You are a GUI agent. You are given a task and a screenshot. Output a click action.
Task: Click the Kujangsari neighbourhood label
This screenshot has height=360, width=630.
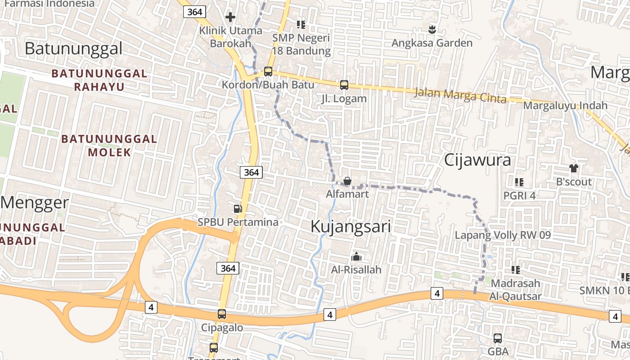coord(351,227)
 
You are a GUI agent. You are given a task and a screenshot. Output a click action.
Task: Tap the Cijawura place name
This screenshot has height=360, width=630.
coord(477,160)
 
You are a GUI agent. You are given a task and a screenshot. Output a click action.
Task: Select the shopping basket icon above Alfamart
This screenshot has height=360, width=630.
coord(347,181)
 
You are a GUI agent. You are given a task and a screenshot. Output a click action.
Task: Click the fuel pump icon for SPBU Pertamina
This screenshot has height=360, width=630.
coord(238,208)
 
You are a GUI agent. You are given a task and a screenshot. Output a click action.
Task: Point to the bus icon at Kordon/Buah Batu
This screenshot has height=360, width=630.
coord(268,71)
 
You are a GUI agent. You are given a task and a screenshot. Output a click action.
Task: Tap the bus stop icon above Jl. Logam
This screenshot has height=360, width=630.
coord(344,85)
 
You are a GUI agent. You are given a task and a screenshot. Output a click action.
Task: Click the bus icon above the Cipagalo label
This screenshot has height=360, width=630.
coord(222,314)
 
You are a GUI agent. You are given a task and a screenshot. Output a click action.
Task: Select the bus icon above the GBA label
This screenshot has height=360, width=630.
coord(498,338)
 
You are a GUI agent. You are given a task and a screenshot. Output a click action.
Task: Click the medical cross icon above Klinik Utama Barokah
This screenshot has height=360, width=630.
coord(230,17)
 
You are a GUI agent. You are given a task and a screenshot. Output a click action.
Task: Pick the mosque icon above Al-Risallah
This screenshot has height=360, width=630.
coord(356,257)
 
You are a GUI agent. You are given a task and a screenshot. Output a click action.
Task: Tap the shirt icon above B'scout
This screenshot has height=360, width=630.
coord(574,168)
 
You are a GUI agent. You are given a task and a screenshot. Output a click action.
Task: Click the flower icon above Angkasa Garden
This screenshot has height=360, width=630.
coord(432,30)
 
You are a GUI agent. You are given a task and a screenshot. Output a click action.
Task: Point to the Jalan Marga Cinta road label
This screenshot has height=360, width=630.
coord(460,95)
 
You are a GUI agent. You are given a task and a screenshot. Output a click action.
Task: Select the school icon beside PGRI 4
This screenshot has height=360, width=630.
coord(519,182)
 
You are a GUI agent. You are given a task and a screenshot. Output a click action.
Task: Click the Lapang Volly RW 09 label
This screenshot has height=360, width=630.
coord(503,235)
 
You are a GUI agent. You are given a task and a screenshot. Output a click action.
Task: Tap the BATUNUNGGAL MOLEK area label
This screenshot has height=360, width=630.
coord(109,145)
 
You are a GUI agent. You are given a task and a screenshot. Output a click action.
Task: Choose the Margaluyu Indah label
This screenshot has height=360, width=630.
coord(566,106)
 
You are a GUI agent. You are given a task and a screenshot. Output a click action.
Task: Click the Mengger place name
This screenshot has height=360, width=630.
coord(35,203)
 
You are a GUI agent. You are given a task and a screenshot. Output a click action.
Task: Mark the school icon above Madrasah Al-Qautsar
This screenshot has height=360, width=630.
coord(516,270)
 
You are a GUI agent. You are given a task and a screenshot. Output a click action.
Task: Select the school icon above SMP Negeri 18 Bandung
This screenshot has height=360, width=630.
coord(301,24)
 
